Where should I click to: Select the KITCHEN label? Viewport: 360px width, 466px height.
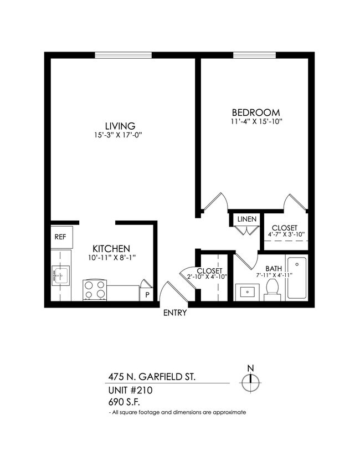[111, 248]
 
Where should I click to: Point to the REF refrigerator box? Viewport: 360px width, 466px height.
[60, 237]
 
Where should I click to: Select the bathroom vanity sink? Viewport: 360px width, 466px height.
[246, 291]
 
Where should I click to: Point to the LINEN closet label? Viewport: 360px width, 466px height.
[246, 219]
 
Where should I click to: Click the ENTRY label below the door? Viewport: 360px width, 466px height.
[175, 313]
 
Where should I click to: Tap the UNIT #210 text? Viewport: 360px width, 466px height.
[130, 390]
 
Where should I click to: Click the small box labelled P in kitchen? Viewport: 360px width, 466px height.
[147, 294]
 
